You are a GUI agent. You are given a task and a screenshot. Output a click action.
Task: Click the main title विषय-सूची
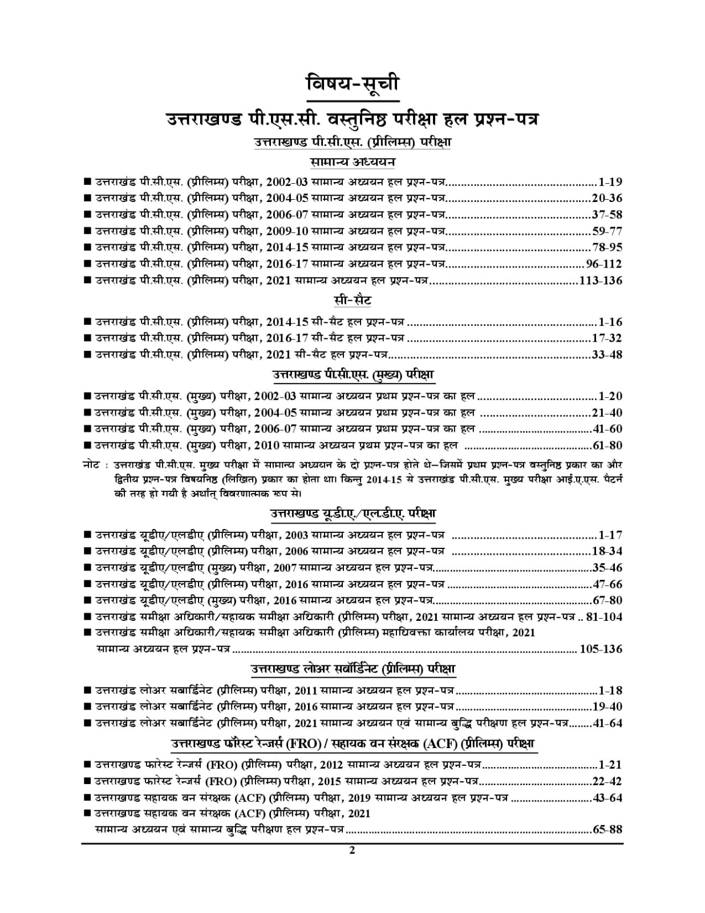click(x=351, y=83)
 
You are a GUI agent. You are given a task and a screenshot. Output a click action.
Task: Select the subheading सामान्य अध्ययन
click(x=352, y=162)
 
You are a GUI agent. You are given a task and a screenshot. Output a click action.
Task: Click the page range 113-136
click(x=600, y=281)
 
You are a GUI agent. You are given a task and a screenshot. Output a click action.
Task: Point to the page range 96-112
click(x=604, y=264)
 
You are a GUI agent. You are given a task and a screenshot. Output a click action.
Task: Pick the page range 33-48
click(x=606, y=355)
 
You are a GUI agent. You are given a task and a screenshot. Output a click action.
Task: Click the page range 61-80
click(x=606, y=446)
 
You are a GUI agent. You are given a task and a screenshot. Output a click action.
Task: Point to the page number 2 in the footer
click(x=352, y=850)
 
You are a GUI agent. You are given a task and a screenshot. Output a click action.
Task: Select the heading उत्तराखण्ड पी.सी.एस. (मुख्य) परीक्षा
click(x=352, y=376)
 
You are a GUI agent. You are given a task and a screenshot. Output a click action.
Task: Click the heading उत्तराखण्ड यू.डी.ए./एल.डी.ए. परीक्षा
click(x=352, y=514)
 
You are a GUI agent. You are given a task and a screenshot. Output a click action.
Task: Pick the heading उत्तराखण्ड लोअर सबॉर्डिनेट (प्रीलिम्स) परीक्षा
click(x=352, y=668)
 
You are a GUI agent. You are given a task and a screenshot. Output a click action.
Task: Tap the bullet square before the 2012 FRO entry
click(x=87, y=765)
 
